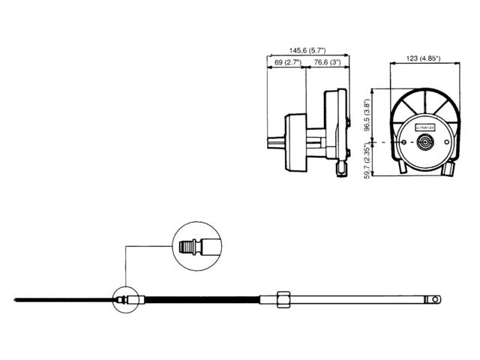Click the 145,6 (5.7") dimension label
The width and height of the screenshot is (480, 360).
coord(306,46)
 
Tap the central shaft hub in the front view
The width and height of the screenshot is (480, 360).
coord(425,142)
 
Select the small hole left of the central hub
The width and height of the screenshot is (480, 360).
coord(409,142)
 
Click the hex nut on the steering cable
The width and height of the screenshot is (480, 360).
coord(283,299)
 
